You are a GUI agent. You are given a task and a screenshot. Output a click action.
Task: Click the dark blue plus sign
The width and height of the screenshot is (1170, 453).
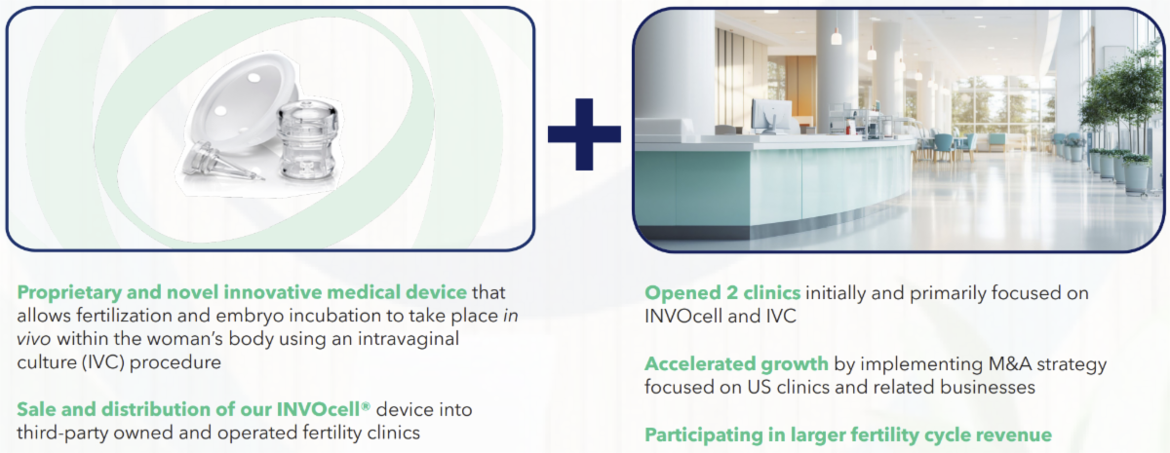(x=584, y=134)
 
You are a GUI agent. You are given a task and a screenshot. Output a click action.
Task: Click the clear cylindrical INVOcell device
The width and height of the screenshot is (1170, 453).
(x=307, y=141)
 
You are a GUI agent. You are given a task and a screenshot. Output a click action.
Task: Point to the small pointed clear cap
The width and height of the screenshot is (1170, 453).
(x=218, y=163)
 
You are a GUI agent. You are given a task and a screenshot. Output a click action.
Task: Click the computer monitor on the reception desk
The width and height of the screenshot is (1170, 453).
(x=771, y=116)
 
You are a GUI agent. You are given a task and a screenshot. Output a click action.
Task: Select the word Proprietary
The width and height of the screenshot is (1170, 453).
(x=69, y=292)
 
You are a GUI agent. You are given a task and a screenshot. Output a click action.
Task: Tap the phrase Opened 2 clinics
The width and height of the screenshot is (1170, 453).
(x=722, y=293)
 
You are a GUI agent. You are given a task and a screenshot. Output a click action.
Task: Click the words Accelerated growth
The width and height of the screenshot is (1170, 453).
(x=736, y=363)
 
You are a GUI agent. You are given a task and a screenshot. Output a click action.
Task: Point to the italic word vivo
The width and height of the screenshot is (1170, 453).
(x=34, y=339)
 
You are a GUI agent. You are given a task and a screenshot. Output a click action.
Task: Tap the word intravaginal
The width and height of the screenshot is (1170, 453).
(x=408, y=339)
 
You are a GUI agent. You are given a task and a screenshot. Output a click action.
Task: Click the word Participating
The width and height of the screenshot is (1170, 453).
(x=703, y=434)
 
